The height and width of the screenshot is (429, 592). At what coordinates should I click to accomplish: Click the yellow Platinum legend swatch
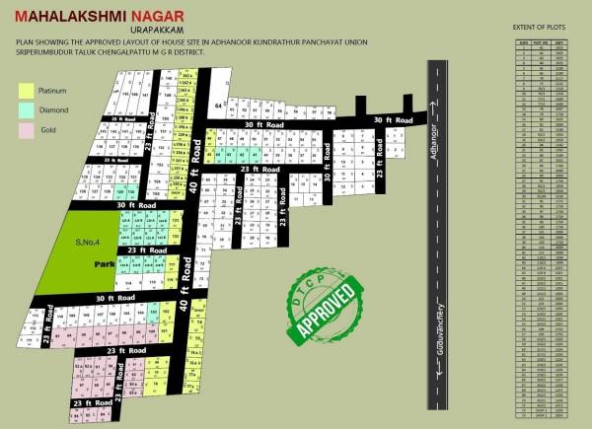coord(27,90)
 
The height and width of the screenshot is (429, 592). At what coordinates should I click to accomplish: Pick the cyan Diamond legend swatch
coord(27,108)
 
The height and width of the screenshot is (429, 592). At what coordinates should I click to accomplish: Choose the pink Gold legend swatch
coord(27,128)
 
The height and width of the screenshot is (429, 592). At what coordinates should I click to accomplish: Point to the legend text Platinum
coord(51,90)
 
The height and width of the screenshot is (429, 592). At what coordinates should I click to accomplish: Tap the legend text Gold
coord(46,128)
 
